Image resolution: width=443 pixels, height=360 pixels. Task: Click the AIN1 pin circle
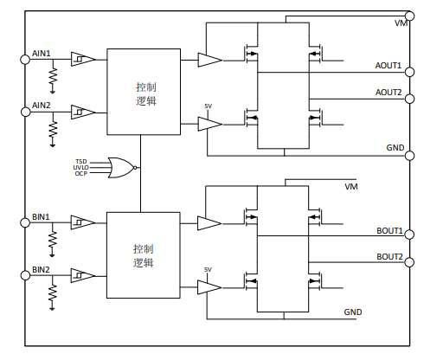[x=25, y=60]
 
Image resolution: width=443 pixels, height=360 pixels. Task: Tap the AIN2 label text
[x=42, y=106]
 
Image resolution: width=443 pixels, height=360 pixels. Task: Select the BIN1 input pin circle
[x=25, y=222]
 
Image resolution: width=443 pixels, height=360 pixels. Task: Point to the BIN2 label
[x=41, y=270]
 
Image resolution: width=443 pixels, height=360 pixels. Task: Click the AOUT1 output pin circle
[x=410, y=72]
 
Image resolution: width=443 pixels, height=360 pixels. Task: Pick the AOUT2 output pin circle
[x=410, y=99]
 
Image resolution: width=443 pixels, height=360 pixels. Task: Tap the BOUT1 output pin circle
[x=409, y=235]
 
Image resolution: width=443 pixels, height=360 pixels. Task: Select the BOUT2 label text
[x=389, y=257]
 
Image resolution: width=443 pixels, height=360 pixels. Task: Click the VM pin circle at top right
[x=410, y=16]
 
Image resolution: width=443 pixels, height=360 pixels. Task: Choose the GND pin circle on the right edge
[x=410, y=156]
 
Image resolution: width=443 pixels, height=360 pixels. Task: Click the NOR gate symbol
[x=122, y=168]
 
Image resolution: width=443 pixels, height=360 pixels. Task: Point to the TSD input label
[x=81, y=162]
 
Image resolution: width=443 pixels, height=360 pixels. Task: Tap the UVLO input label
[x=80, y=168]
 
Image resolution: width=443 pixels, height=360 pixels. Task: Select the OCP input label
[x=81, y=174]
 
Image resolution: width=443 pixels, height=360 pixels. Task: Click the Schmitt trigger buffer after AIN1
[x=83, y=59]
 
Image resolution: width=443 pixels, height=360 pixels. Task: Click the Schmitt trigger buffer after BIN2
[x=83, y=276]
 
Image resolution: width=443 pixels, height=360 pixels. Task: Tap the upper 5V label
[x=209, y=106]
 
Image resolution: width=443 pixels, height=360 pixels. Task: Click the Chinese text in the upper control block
[x=146, y=94]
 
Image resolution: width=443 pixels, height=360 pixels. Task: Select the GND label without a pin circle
[x=353, y=312]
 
